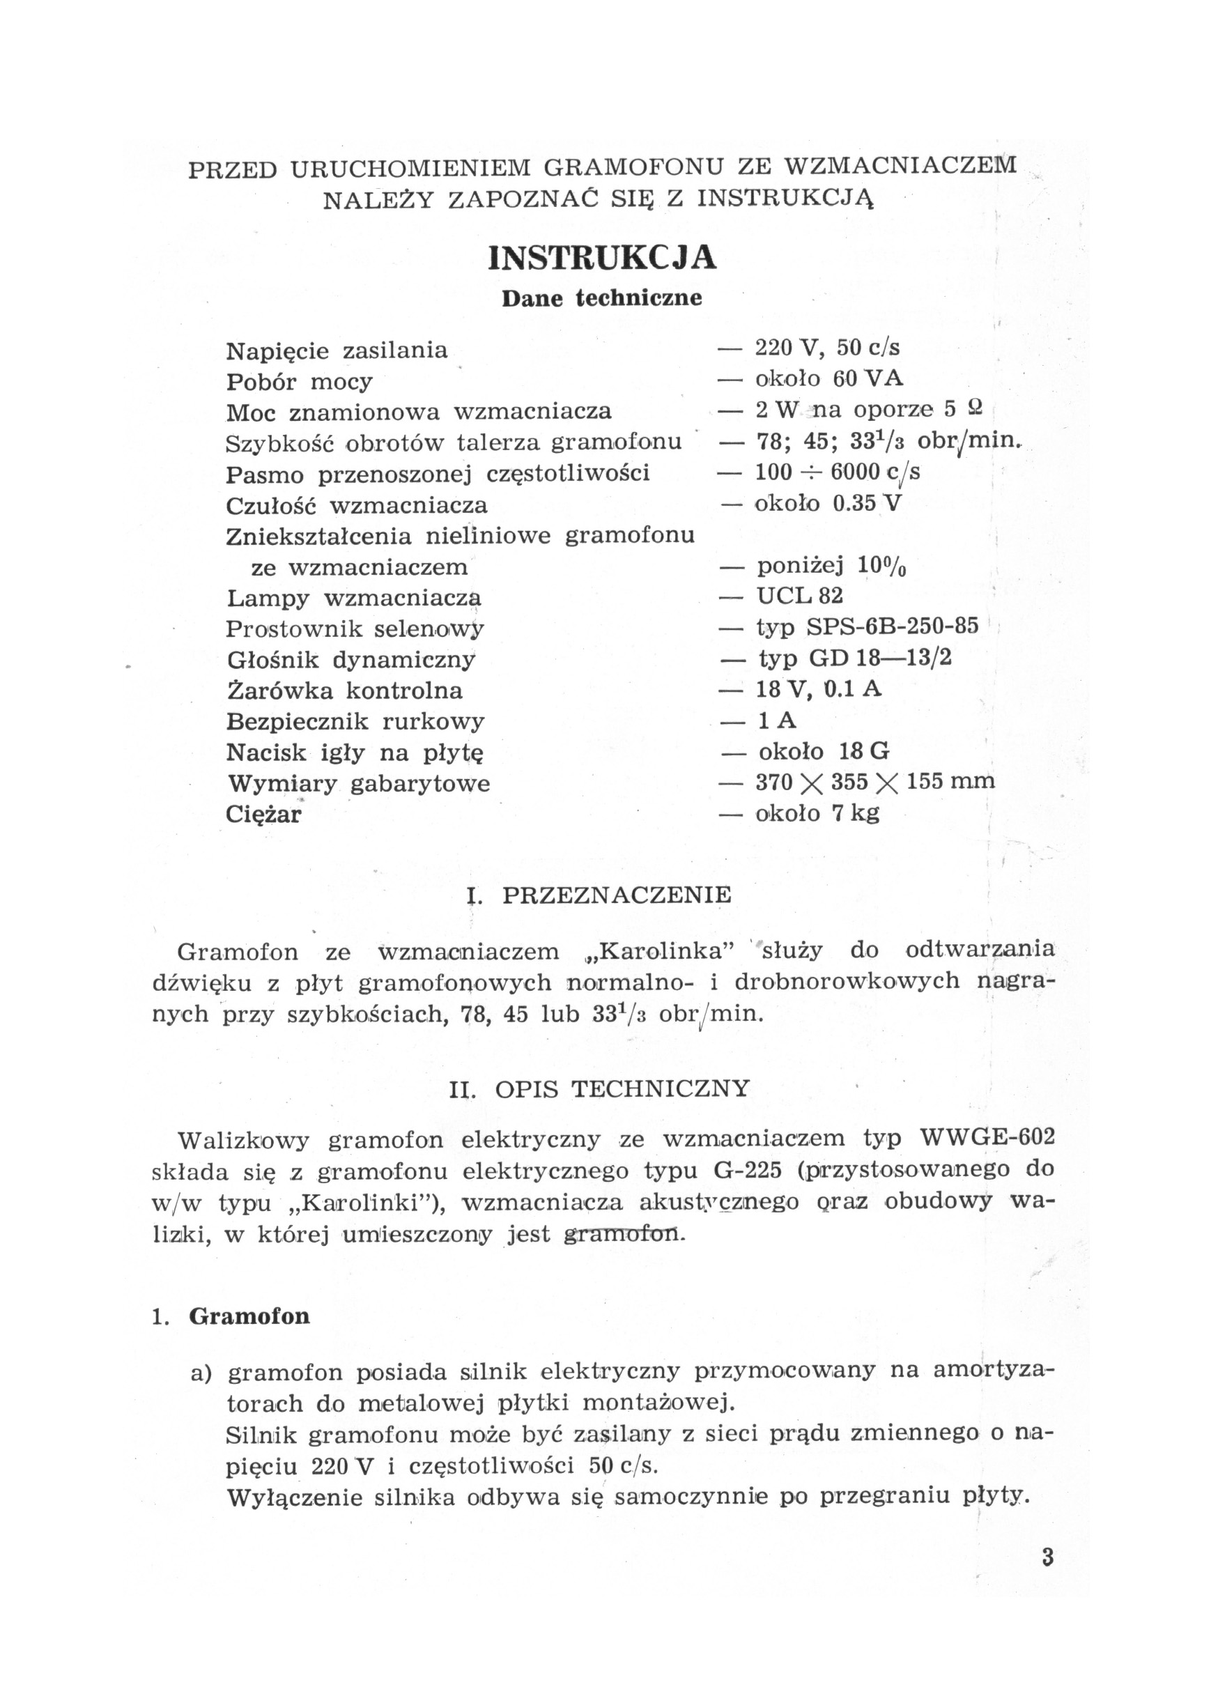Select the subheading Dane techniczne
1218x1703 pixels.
[x=601, y=298]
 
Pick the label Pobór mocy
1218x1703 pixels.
[x=299, y=383]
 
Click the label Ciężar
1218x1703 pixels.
[x=263, y=815]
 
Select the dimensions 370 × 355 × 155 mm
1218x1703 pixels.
[x=875, y=782]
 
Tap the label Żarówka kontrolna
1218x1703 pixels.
[x=344, y=691]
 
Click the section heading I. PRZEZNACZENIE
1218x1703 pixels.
[x=599, y=895]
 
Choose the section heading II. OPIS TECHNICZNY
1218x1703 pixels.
[x=599, y=1089]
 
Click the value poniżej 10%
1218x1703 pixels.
[x=832, y=567]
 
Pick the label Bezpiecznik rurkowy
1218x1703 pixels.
[x=355, y=721]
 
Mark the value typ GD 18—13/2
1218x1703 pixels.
[x=854, y=658]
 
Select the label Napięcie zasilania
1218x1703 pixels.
[x=337, y=351]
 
